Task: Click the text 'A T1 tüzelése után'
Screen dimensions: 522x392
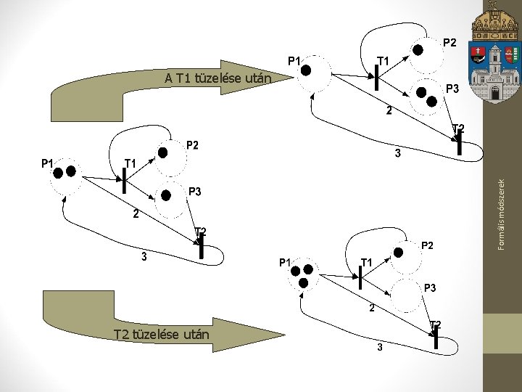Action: point(218,78)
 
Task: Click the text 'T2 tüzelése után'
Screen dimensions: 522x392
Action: point(162,335)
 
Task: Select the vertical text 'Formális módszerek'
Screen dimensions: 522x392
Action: point(502,215)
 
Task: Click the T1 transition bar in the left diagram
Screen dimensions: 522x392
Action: point(124,181)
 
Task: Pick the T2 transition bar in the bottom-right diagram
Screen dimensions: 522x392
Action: point(436,338)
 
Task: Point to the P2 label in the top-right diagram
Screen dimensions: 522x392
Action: point(449,43)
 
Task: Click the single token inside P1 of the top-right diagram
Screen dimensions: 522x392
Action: point(306,70)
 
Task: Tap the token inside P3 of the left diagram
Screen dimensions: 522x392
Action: point(166,195)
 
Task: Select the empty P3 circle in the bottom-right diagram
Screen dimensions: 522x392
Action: point(406,296)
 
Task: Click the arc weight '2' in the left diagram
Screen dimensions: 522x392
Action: point(136,213)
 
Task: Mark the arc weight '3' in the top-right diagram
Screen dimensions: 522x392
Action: point(398,153)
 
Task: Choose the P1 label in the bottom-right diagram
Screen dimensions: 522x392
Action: point(285,263)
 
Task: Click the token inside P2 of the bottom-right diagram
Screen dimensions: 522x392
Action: point(398,253)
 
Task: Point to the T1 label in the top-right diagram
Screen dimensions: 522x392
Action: point(383,61)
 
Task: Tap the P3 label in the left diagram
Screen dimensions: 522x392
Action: point(195,192)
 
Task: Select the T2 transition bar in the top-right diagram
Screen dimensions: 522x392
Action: point(460,142)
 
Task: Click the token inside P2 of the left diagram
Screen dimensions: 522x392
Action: point(162,152)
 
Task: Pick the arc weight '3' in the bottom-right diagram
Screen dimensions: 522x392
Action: point(380,347)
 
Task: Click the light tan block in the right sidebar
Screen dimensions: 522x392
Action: point(502,333)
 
